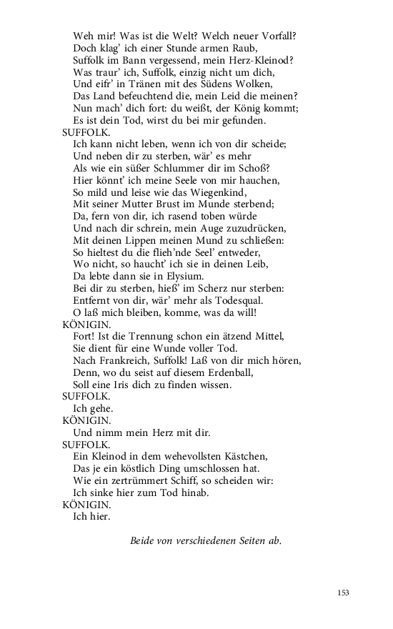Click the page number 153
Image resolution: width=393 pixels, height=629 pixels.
coord(343,593)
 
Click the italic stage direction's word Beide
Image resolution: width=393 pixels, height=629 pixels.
coord(144,541)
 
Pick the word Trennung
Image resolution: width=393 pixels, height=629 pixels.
coord(151,337)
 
